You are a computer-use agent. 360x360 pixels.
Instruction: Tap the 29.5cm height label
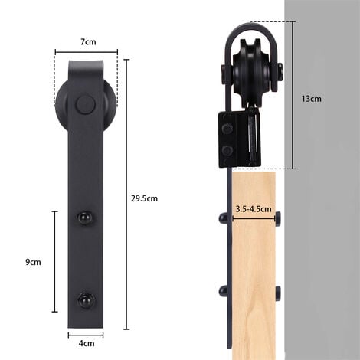(143, 198)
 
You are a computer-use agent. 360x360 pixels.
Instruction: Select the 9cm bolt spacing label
(33, 261)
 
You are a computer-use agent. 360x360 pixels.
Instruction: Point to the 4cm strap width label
(86, 343)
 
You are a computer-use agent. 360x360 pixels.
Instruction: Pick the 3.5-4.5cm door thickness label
(254, 208)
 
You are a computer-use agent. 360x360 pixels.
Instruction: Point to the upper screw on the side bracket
(227, 127)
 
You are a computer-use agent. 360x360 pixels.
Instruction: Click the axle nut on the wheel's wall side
(282, 74)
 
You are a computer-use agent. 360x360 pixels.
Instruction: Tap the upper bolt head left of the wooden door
(221, 217)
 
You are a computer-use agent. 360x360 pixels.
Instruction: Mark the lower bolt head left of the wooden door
(221, 292)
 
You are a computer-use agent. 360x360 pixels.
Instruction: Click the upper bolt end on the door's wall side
(277, 217)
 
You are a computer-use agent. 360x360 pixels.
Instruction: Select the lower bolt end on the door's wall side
(277, 292)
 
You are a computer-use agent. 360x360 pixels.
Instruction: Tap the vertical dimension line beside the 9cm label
(54, 261)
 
